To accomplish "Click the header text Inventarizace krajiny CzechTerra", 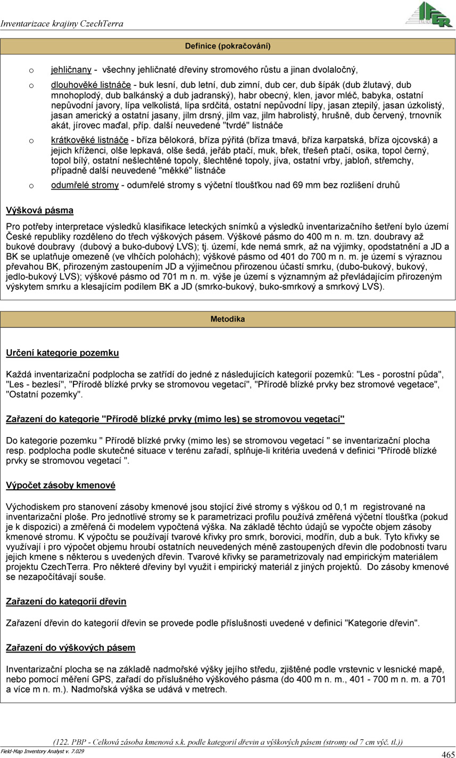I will tap(62, 24).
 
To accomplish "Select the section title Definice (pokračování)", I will tap(228, 46).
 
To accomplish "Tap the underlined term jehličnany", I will tap(71, 70).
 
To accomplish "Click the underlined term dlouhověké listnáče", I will tap(91, 85).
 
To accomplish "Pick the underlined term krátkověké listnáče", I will tap(89, 141).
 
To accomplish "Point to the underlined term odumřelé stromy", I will tap(85, 186).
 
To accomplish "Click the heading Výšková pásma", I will tap(39, 211).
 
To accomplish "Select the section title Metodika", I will tap(228, 319).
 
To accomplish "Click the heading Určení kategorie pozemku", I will tap(62, 353).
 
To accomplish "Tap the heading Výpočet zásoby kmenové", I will tap(61, 485).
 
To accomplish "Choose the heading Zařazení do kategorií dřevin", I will tap(66, 602).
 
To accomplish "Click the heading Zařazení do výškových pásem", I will tap(70, 648).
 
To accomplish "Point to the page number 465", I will tap(447, 754).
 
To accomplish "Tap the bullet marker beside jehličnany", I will tap(31, 70).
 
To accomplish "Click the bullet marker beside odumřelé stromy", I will tap(31, 186).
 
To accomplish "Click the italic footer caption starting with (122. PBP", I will tap(228, 742).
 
